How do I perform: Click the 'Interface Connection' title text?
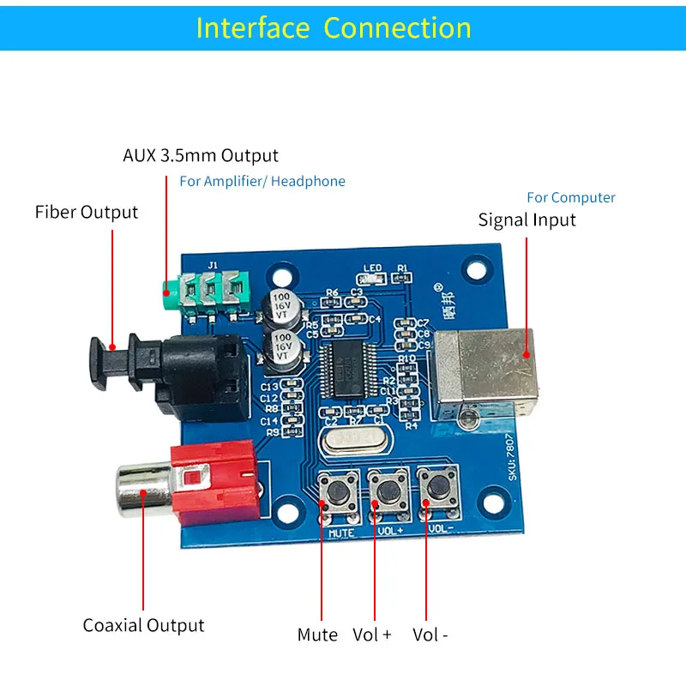click(x=334, y=27)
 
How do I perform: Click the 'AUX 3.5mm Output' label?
click(x=201, y=155)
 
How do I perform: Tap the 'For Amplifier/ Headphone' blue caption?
click(x=262, y=181)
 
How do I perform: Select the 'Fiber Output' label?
click(x=87, y=212)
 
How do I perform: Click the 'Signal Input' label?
click(x=527, y=220)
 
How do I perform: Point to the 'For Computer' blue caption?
click(x=571, y=197)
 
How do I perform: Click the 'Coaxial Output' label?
click(x=143, y=625)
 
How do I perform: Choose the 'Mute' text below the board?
click(x=318, y=635)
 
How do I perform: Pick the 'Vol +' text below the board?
click(x=372, y=635)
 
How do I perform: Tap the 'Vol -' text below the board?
click(x=430, y=635)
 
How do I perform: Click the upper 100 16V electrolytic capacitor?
click(x=282, y=305)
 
